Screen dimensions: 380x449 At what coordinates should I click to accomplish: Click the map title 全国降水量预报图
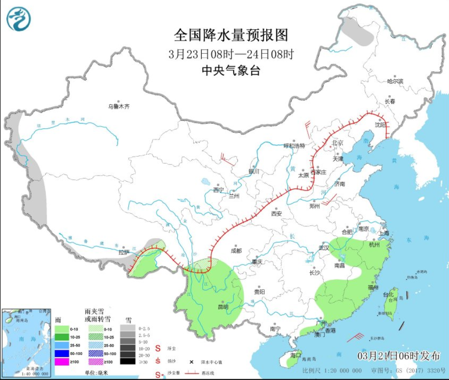231,35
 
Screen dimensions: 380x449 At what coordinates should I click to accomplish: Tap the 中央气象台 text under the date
231,70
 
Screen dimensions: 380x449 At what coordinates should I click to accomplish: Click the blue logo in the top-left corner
19,19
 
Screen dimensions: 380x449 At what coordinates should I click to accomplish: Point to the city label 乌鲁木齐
119,106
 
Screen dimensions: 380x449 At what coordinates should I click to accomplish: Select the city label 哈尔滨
395,81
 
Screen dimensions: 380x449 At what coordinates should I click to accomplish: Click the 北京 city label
337,143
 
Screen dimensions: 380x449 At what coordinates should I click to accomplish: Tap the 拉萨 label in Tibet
123,252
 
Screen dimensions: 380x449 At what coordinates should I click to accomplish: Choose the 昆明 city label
223,306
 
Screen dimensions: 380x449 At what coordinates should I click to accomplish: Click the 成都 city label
236,250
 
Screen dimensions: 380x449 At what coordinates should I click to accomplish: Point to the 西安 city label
276,213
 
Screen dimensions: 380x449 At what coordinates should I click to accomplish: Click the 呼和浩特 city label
294,146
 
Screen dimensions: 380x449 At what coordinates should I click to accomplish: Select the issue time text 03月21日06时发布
399,355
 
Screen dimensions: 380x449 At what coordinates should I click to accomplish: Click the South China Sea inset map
26,342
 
